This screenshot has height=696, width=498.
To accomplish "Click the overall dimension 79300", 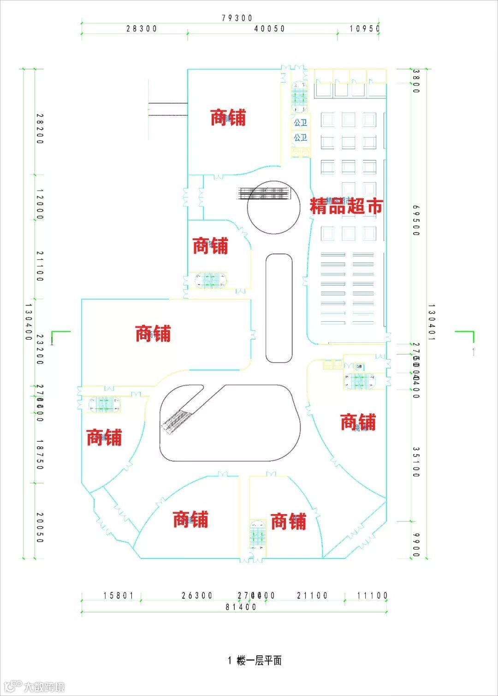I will pos(237,18).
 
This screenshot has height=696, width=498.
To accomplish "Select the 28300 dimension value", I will pos(142,29).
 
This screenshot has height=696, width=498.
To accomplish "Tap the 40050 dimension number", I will pos(270,29).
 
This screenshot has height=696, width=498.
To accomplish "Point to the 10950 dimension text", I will pos(364,29).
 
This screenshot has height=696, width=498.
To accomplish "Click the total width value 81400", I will pos(241,607).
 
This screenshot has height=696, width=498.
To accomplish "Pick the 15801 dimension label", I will pos(119,595).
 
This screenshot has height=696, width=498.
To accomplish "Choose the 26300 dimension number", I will pos(197,595).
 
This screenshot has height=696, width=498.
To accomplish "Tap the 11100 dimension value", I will pos(373,595).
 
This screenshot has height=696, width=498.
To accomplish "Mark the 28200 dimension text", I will pos(40,129).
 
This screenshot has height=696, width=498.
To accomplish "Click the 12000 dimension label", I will pos(40,204).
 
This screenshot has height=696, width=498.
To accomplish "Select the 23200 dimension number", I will pos(40,349).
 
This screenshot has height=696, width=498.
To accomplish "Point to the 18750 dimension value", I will pos(40,455).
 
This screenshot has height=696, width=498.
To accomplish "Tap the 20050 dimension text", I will pos(40,528).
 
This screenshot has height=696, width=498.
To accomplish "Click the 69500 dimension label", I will pos(416,220).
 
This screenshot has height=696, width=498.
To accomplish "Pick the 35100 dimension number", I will pos(416,462).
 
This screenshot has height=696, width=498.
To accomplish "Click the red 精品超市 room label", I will pos(346,206).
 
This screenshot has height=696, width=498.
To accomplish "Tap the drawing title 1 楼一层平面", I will pos(255,660).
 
